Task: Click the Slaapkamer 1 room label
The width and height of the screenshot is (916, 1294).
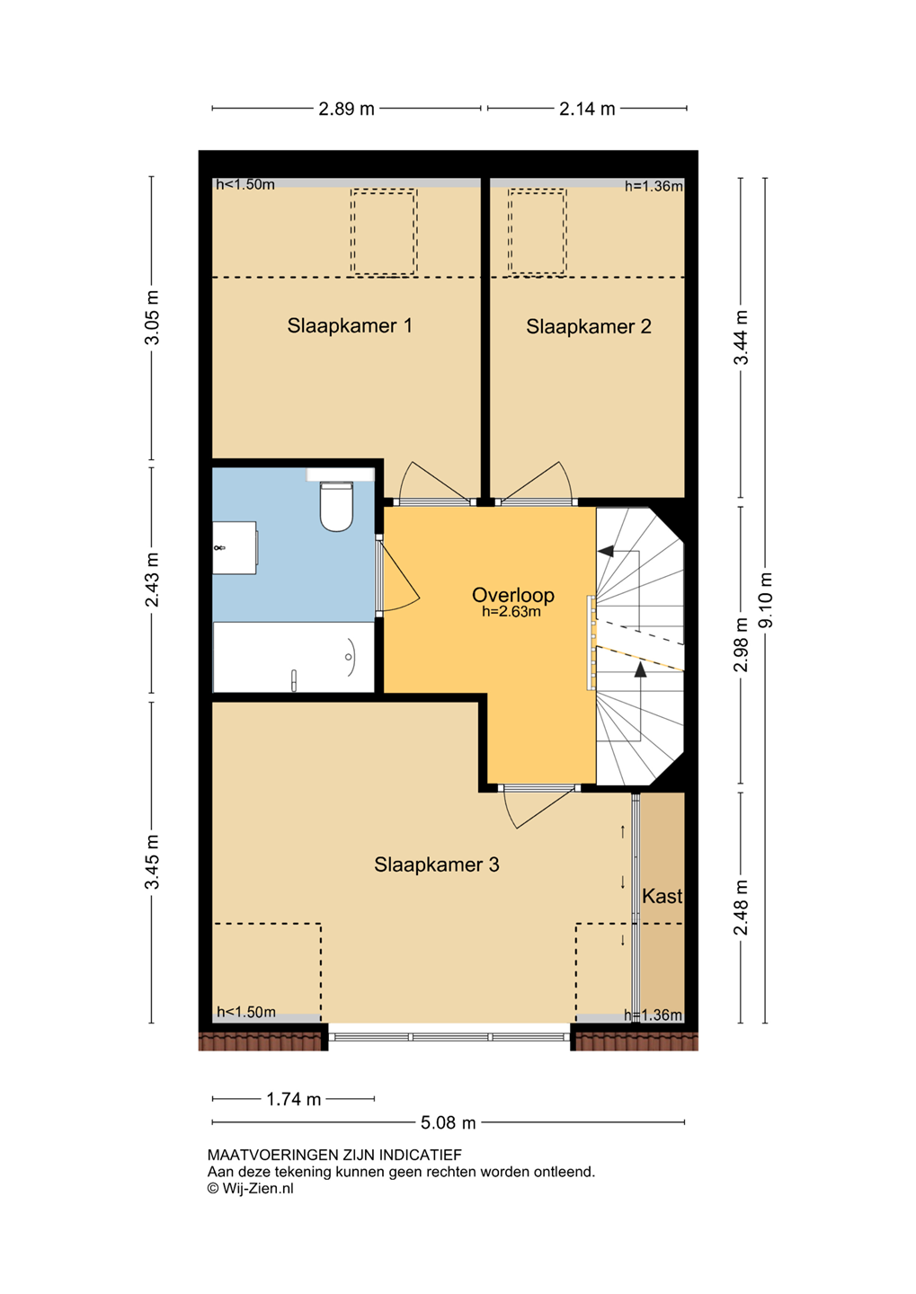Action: [350, 326]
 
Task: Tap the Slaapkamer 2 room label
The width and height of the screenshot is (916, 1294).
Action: [588, 327]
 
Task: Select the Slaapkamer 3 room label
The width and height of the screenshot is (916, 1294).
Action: [436, 864]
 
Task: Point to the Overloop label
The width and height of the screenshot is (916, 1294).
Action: [512, 595]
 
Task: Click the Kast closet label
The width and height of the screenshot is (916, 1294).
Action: [663, 896]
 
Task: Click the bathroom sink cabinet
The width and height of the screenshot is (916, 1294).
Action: [235, 547]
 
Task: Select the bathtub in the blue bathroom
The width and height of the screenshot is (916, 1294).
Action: [294, 657]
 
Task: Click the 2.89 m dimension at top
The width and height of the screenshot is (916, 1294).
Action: [346, 109]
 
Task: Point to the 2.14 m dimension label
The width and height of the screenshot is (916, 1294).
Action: [587, 109]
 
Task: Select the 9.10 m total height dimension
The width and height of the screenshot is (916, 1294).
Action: [766, 599]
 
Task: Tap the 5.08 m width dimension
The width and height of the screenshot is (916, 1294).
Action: [448, 1122]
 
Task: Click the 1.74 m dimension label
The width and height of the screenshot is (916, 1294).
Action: [293, 1099]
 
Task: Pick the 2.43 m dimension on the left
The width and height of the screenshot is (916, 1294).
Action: [152, 580]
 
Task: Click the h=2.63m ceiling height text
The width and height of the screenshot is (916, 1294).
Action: [511, 612]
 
